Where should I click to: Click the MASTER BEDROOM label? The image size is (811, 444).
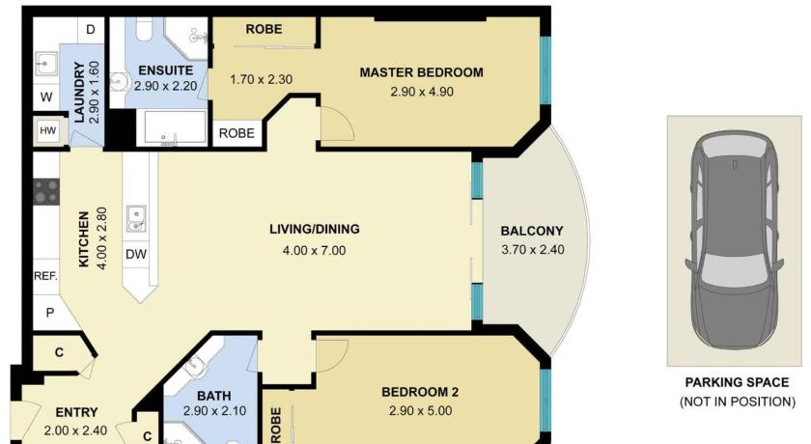(422, 72)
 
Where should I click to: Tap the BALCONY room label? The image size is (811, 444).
(532, 231)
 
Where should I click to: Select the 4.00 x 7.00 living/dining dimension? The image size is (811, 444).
(314, 251)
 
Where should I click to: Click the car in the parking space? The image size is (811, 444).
(734, 240)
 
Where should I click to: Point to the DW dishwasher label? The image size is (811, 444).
(136, 254)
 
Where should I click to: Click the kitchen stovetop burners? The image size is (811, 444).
(46, 192)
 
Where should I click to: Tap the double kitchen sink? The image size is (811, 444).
(136, 219)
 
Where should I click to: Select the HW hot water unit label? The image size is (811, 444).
(48, 130)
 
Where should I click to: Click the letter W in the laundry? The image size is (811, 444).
(46, 97)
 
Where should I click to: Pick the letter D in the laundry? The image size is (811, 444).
(91, 30)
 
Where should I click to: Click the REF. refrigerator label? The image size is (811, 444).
(45, 276)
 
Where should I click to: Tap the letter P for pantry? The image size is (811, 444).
(50, 312)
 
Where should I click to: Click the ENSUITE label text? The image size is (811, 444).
(165, 70)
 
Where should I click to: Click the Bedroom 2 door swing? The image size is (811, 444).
(332, 355)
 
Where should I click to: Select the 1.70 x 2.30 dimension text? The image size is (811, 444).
(262, 79)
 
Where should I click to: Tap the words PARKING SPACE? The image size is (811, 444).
(737, 382)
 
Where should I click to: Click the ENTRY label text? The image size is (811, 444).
(76, 412)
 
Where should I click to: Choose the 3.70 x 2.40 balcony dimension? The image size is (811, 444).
(533, 250)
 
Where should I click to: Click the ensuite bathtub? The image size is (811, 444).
(176, 127)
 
